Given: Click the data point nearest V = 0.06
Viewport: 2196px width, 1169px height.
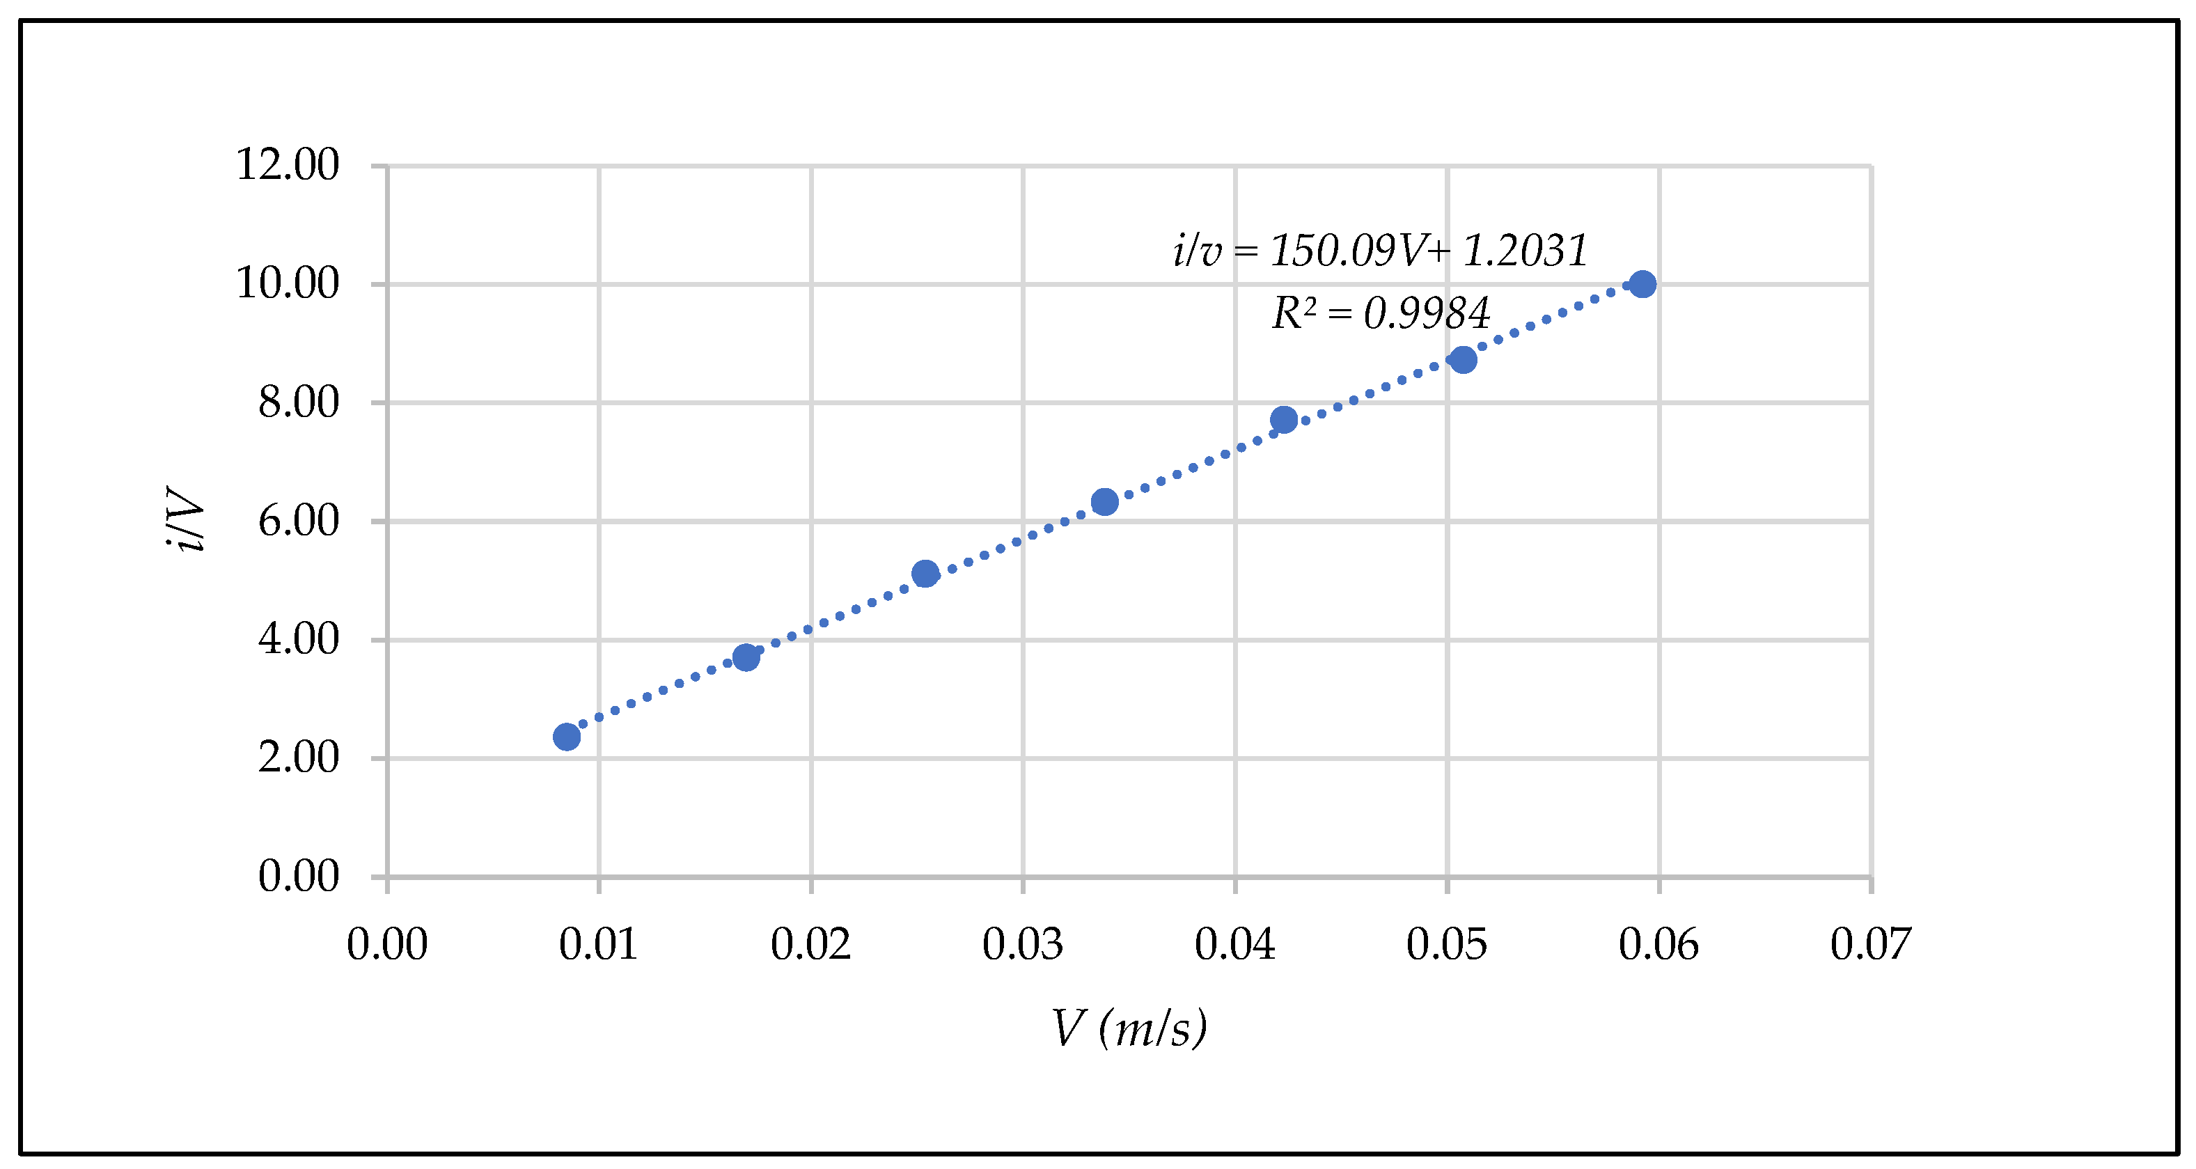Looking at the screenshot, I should [1642, 284].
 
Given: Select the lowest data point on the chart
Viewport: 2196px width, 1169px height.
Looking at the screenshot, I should [567, 737].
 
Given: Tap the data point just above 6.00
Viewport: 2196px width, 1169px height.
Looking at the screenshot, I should [1105, 502].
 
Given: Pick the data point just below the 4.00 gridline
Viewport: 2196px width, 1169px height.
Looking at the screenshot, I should [746, 657].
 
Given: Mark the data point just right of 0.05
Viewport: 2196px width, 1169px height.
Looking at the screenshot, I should [1463, 360].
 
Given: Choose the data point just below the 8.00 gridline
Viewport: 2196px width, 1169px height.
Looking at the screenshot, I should [1284, 420].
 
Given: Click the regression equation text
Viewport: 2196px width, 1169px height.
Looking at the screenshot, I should [1380, 251].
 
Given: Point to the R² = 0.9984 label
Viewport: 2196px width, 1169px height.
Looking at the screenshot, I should [1380, 313].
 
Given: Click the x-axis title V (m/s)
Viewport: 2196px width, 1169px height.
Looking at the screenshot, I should [1129, 1028].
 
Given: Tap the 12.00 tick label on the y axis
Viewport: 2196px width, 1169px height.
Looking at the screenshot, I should [288, 164].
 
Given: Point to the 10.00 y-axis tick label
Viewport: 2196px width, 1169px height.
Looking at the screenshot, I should [288, 283].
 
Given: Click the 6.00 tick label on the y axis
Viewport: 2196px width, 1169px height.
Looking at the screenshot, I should [299, 521].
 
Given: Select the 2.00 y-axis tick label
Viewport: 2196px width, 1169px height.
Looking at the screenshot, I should [299, 758].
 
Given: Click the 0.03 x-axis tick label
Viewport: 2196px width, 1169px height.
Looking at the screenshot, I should [1023, 945].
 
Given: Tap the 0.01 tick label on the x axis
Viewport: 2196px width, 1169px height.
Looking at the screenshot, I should [599, 945].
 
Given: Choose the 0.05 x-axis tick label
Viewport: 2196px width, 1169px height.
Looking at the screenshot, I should [1447, 945].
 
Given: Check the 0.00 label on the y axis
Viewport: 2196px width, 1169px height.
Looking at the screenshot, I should [299, 877].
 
